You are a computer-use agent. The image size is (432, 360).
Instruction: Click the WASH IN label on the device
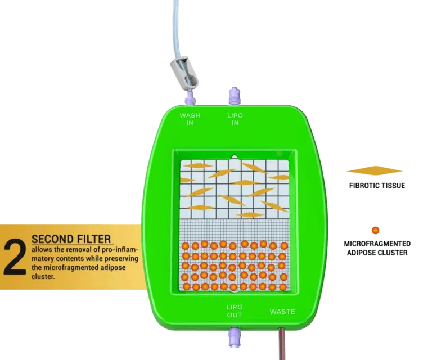click(x=190, y=119)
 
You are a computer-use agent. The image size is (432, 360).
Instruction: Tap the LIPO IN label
click(x=235, y=119)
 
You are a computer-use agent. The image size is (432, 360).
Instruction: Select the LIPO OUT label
click(x=235, y=311)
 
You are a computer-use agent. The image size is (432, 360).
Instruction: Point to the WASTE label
click(x=282, y=312)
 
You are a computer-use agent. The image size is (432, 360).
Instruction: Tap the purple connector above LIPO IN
click(x=234, y=96)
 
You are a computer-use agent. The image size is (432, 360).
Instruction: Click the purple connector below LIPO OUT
click(x=234, y=336)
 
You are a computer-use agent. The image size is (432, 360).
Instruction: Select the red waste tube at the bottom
click(x=282, y=344)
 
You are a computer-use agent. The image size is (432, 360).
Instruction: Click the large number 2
click(x=15, y=257)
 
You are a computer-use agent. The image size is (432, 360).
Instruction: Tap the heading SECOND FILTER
click(x=71, y=239)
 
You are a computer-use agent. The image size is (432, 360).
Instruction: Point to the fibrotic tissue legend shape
click(x=375, y=170)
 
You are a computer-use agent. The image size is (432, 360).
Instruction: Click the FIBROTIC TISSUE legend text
click(x=377, y=186)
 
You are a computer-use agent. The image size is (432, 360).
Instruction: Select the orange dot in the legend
click(x=375, y=230)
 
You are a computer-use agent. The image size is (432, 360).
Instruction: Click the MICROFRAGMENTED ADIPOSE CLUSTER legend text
click(x=377, y=248)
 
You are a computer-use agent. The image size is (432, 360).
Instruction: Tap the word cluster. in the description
click(x=43, y=277)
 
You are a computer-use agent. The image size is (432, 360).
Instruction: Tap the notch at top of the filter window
click(x=235, y=157)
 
